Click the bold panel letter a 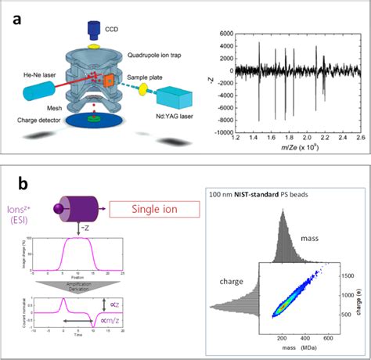pyautogui.click(x=16, y=17)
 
